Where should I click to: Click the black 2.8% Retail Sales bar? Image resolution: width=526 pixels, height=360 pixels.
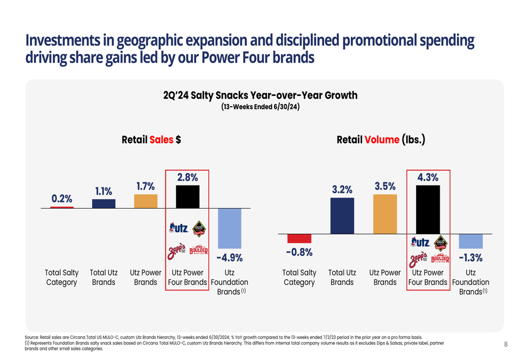click(188, 197)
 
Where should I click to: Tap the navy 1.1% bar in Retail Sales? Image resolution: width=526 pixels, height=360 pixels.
click(104, 203)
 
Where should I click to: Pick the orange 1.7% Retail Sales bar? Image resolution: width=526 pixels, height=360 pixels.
click(146, 201)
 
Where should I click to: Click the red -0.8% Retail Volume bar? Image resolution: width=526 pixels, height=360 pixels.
click(299, 239)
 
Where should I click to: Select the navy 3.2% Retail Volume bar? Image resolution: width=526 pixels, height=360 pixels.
click(342, 215)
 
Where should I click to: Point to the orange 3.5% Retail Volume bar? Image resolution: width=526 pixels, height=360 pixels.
click(385, 214)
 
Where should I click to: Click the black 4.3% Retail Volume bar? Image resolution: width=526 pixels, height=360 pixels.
click(428, 209)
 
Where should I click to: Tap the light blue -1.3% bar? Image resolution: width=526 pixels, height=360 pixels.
click(470, 241)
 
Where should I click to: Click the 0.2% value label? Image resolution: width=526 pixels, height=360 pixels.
click(62, 199)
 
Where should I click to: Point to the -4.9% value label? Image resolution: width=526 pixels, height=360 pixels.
click(229, 258)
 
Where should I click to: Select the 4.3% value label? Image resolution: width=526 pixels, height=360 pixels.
click(428, 178)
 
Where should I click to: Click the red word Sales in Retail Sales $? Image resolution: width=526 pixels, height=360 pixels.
click(161, 140)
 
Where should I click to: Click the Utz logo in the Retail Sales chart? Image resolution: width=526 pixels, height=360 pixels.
click(178, 228)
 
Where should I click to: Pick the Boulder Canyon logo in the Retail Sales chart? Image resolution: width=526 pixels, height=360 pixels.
click(198, 251)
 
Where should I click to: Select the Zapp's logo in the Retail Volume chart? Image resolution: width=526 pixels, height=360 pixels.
click(419, 259)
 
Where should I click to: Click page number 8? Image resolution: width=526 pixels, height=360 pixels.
click(505, 345)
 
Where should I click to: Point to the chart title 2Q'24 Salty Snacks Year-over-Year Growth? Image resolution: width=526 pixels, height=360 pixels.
click(260, 95)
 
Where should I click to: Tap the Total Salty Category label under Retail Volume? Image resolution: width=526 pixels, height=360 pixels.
click(299, 277)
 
